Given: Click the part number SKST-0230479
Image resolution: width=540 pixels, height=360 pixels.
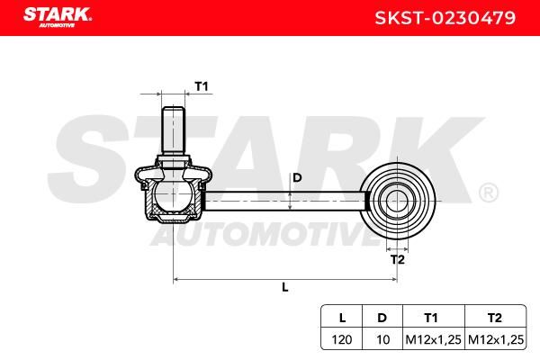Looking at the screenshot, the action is click(x=445, y=18).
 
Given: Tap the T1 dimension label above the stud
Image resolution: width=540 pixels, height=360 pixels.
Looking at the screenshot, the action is click(x=202, y=86).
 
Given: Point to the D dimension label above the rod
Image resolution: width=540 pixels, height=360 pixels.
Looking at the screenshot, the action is click(x=297, y=178).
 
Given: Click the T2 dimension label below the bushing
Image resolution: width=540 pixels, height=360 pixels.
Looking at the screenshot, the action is click(x=398, y=259).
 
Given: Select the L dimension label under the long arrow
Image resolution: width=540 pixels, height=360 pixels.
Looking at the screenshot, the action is click(x=285, y=287).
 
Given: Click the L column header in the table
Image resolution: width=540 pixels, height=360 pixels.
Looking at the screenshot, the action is click(x=342, y=318).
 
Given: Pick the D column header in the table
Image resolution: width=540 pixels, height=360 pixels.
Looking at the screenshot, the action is click(x=382, y=318).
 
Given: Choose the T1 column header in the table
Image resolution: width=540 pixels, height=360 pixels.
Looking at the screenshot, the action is click(x=431, y=318).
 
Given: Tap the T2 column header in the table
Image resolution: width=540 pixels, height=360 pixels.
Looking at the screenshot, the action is click(x=494, y=318).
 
